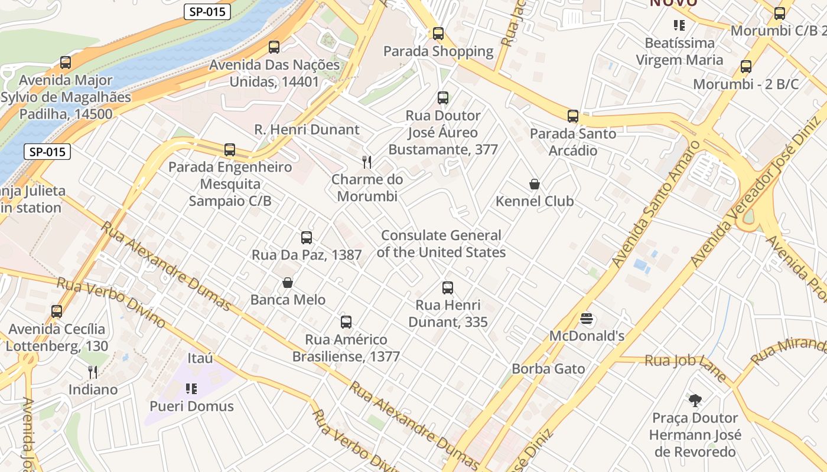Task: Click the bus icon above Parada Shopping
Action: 438,34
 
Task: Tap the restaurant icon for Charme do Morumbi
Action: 367,162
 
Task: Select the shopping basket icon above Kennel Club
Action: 535,185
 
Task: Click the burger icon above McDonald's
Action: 587,319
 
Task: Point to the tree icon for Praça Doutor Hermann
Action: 695,401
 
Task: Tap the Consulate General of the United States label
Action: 441,244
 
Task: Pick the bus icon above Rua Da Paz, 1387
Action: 306,238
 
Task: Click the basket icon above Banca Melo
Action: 288,283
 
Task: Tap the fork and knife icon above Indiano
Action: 93,372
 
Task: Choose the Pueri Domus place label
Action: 191,407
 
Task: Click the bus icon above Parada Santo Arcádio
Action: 572,116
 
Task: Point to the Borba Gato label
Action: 548,369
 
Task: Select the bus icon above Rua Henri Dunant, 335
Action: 448,288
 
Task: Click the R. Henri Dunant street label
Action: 307,130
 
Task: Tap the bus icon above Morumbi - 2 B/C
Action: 745,67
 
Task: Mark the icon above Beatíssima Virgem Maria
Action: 679,25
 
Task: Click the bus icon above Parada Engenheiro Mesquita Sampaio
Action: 230,150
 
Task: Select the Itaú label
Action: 200,358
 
